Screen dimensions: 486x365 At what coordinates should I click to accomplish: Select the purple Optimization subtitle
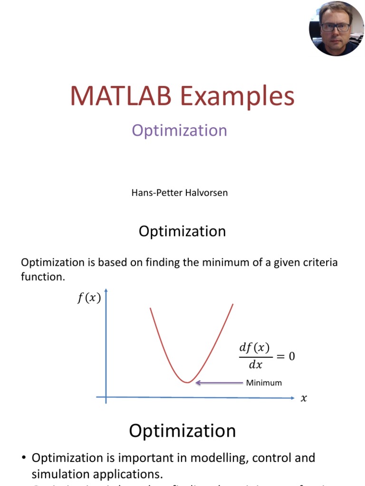(x=179, y=131)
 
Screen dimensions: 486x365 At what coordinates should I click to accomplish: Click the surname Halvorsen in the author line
(x=206, y=193)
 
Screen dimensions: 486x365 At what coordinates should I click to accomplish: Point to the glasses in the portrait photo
(x=335, y=27)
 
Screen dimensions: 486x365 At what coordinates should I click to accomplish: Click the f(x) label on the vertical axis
(x=89, y=299)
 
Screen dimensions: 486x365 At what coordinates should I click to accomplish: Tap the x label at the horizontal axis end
(x=304, y=399)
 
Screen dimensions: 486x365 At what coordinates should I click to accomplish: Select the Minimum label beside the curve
(x=264, y=383)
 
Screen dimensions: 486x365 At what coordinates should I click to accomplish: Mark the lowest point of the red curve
(x=188, y=382)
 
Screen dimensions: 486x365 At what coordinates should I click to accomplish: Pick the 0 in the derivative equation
(x=291, y=356)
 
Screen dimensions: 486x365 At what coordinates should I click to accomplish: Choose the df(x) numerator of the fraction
(x=254, y=348)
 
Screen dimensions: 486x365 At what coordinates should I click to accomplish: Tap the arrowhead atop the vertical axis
(x=106, y=290)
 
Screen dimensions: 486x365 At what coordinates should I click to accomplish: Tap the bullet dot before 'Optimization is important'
(x=24, y=458)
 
